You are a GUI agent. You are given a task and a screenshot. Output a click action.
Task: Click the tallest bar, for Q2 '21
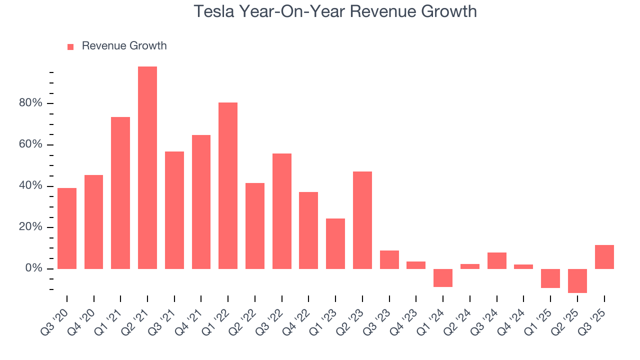(x=147, y=167)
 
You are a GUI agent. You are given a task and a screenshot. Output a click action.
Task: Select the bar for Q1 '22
(x=228, y=185)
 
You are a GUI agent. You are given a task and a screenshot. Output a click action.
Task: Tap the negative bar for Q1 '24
(x=443, y=278)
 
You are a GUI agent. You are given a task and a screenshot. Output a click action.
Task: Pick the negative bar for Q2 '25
(x=577, y=281)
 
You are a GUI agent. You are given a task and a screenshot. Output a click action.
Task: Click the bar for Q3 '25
(x=604, y=257)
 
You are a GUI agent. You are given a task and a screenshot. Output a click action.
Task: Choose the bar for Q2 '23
(x=362, y=220)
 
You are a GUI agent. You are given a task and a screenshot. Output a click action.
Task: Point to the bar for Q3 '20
(x=67, y=228)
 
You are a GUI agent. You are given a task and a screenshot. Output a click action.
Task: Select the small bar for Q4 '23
(x=416, y=265)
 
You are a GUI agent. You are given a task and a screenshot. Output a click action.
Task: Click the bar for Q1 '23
(x=335, y=243)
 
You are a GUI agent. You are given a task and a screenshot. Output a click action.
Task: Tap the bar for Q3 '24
(x=497, y=260)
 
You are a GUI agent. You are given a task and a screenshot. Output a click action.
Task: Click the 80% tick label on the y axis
(x=30, y=103)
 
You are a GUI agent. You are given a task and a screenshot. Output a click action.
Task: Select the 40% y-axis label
(x=30, y=186)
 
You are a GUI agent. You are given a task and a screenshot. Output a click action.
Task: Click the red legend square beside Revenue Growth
(x=70, y=46)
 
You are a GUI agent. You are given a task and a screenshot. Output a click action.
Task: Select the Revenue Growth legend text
(x=124, y=46)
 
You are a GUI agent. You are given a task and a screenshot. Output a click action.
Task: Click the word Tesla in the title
(x=213, y=11)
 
